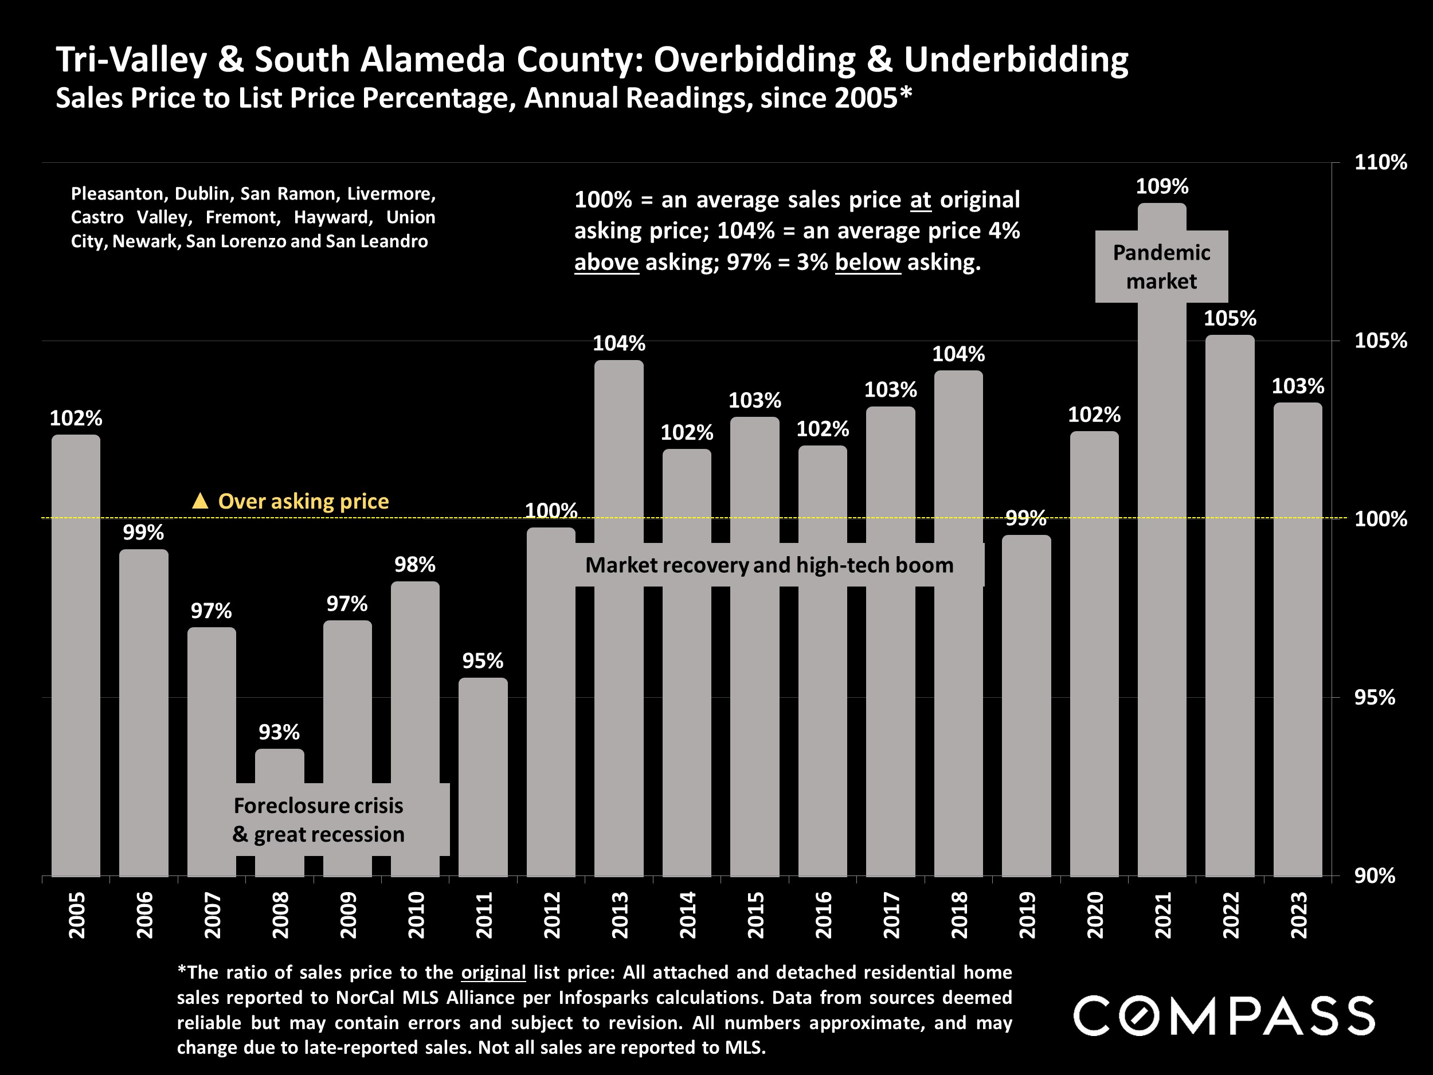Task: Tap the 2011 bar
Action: [x=483, y=777]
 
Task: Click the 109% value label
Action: [x=1162, y=186]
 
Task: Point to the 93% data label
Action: [x=279, y=732]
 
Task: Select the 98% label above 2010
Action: [x=414, y=564]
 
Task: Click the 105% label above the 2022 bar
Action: [x=1230, y=318]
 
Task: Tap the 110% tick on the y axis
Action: [x=1380, y=162]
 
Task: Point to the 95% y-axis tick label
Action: [x=1375, y=697]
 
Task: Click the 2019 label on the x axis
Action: [x=1027, y=914]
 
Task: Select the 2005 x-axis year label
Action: [x=76, y=914]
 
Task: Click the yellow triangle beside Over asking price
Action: [x=200, y=501]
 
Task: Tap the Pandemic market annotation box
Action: [x=1161, y=267]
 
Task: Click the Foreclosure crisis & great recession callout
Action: [x=318, y=820]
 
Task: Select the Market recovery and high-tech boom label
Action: [x=769, y=565]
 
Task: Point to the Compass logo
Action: [x=1224, y=1015]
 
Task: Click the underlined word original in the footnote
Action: [x=493, y=972]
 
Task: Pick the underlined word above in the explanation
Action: [x=606, y=263]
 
